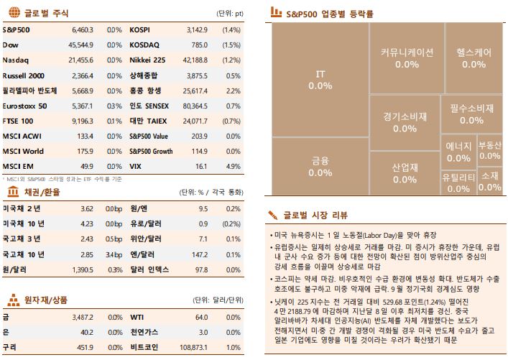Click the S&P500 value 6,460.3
tap(83, 31)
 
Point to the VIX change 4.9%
tap(233, 166)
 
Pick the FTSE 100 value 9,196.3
tap(83, 121)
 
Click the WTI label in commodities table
tap(137, 317)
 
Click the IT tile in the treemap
tap(320, 79)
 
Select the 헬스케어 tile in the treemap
tap(474, 57)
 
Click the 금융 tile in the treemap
tap(320, 167)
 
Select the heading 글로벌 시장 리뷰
tap(315, 215)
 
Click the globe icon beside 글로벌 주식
tap(12, 12)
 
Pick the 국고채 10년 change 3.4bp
tap(114, 254)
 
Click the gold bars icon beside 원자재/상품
tap(12, 300)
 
